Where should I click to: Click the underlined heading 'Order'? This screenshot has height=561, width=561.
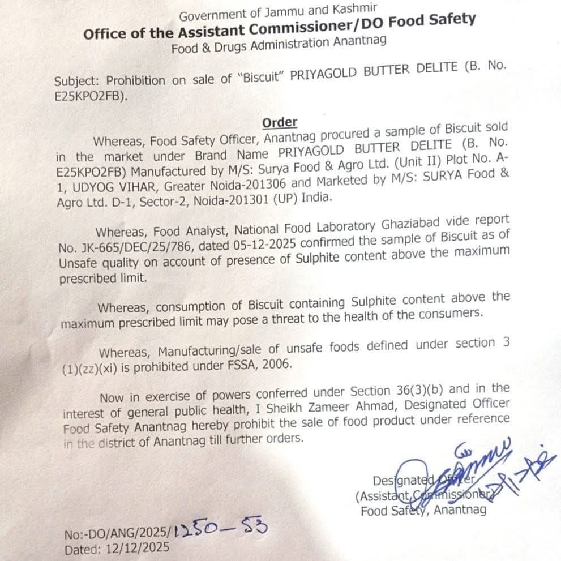coord(280,122)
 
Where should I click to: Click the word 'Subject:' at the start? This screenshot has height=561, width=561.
coord(78,81)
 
